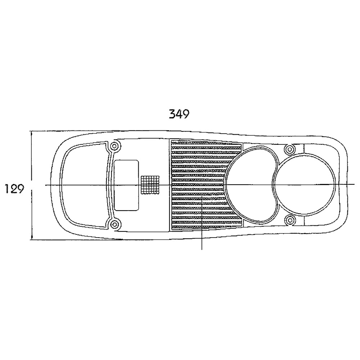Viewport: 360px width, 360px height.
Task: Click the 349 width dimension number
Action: pos(179,114)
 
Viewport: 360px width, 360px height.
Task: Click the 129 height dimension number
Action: pos(14,189)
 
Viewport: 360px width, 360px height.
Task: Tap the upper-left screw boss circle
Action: pos(114,146)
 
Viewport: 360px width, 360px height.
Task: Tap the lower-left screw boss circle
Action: pos(114,224)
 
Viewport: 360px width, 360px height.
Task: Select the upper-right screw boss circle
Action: pos(290,150)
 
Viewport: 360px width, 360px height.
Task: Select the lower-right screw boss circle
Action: pos(290,220)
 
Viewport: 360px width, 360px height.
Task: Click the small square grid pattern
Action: pos(150,185)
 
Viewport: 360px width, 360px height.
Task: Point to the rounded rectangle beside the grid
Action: pos(126,185)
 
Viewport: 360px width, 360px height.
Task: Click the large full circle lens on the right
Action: pos(304,185)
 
